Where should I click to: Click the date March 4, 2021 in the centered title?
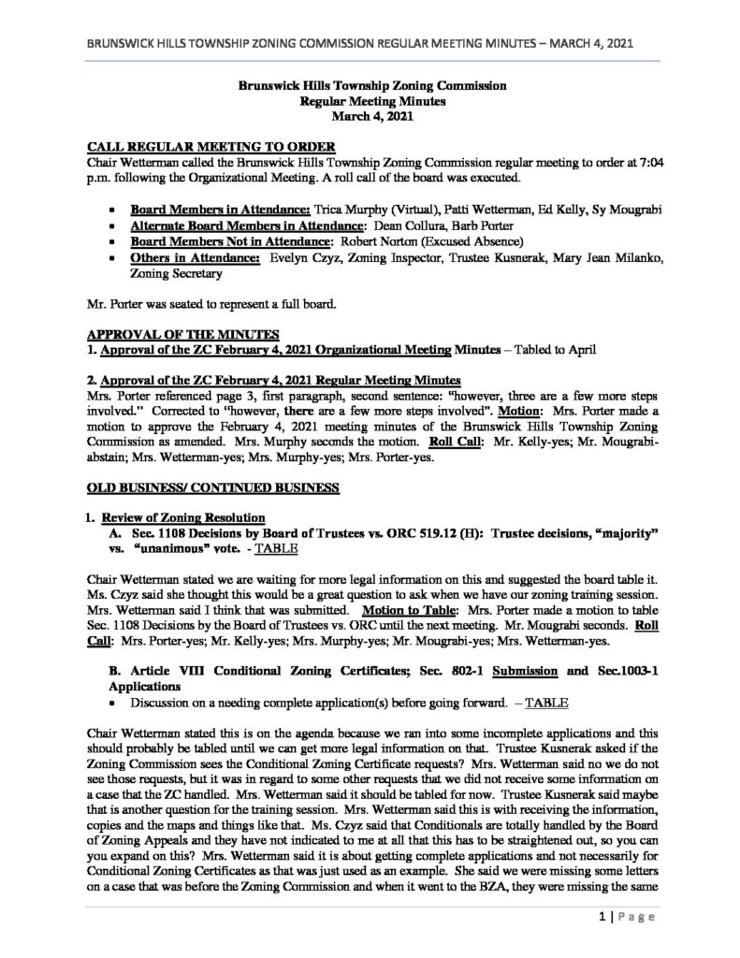tap(370, 116)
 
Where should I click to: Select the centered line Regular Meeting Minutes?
tap(371, 100)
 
